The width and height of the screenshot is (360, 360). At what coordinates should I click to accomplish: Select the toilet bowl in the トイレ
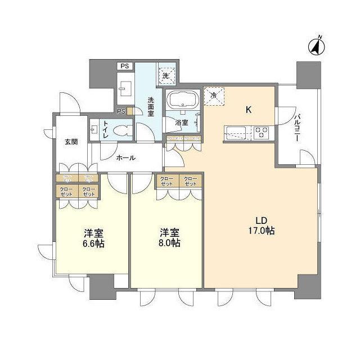point(121,130)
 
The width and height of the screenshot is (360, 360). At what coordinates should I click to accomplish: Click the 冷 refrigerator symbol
point(213,96)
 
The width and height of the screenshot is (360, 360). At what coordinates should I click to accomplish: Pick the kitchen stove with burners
point(262,133)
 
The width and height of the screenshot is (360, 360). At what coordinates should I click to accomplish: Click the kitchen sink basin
point(234,133)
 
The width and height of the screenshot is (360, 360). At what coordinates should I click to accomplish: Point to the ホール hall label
point(125,158)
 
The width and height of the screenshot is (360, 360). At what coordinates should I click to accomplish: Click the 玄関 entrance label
point(71,142)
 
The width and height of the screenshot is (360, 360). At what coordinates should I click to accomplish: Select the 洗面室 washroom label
point(151,107)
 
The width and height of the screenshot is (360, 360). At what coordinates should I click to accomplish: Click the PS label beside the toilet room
point(121,111)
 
